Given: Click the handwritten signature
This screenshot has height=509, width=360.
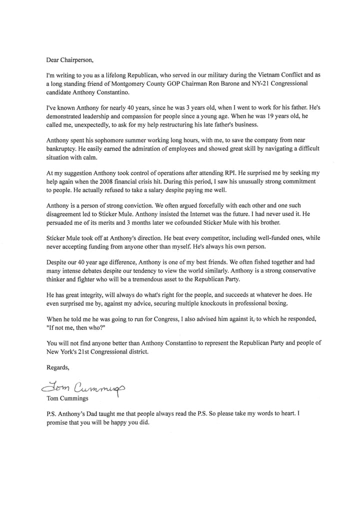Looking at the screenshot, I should pyautogui.click(x=80, y=387).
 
